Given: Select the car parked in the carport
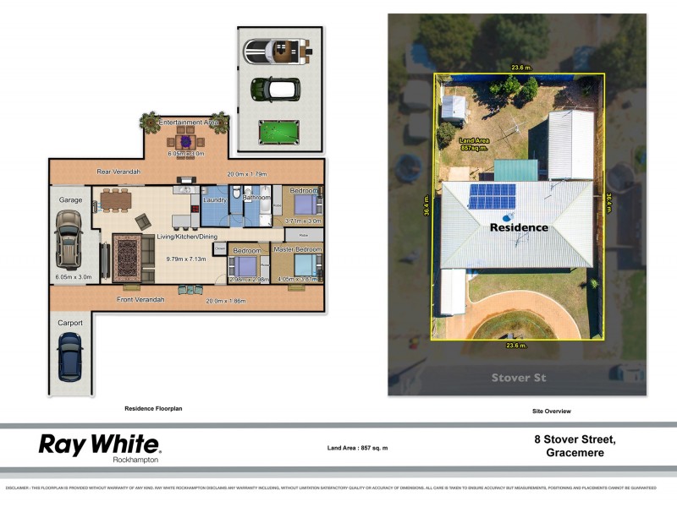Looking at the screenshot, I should tap(69, 357).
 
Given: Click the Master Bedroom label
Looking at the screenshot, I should tap(297, 250).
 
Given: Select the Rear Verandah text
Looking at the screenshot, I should tap(118, 172).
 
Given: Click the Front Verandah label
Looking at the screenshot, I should tap(140, 299).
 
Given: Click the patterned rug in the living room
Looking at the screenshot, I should tap(130, 257).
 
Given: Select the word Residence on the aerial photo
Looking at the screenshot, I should tap(520, 227).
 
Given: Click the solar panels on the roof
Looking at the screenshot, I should tap(493, 197).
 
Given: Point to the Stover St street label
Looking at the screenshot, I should tap(517, 377).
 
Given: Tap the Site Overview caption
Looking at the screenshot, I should tap(551, 411).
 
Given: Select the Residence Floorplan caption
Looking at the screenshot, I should tap(153, 408).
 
